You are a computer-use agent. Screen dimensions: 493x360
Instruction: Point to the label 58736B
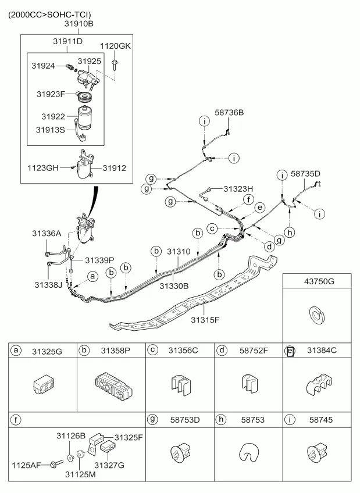229,113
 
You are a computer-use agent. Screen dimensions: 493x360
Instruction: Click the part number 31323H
238,189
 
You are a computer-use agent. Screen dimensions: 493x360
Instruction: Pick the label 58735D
305,173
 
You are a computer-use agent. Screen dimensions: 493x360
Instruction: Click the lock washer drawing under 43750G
316,315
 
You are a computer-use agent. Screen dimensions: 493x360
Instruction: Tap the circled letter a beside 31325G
16,350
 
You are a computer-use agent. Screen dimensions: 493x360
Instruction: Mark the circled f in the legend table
16,419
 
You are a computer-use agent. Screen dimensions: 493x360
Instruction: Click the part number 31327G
110,465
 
